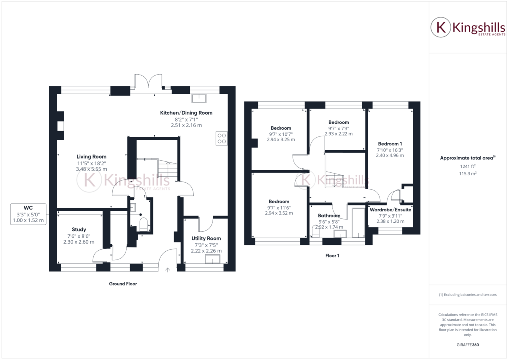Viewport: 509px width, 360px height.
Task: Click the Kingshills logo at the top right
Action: click(467, 28)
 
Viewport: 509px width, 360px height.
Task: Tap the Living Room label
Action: click(91, 157)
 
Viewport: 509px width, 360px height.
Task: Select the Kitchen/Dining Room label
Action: click(186, 113)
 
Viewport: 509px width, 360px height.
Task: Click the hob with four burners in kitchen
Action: click(222, 138)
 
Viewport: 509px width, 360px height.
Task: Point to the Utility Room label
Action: click(206, 239)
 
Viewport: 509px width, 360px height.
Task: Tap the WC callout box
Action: click(28, 214)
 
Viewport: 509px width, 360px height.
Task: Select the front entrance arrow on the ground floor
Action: click(167, 270)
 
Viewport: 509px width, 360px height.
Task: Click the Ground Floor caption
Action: click(123, 284)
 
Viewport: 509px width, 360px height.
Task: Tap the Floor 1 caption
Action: click(332, 255)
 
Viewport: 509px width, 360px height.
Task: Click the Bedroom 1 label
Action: click(389, 144)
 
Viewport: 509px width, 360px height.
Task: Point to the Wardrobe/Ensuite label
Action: click(390, 210)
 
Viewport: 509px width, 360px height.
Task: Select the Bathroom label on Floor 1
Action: click(329, 216)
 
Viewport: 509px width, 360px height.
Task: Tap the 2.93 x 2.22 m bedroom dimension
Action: click(339, 134)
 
